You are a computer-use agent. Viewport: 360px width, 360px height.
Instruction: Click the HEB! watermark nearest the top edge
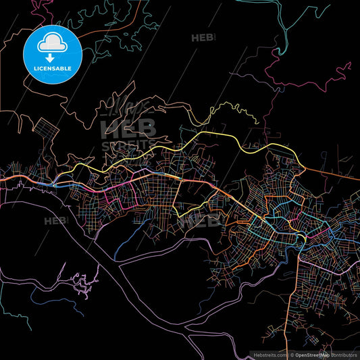point(203,38)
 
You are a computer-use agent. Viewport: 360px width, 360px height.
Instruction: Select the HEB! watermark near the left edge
point(56,221)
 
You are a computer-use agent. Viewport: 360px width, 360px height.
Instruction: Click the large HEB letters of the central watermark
point(128,128)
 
